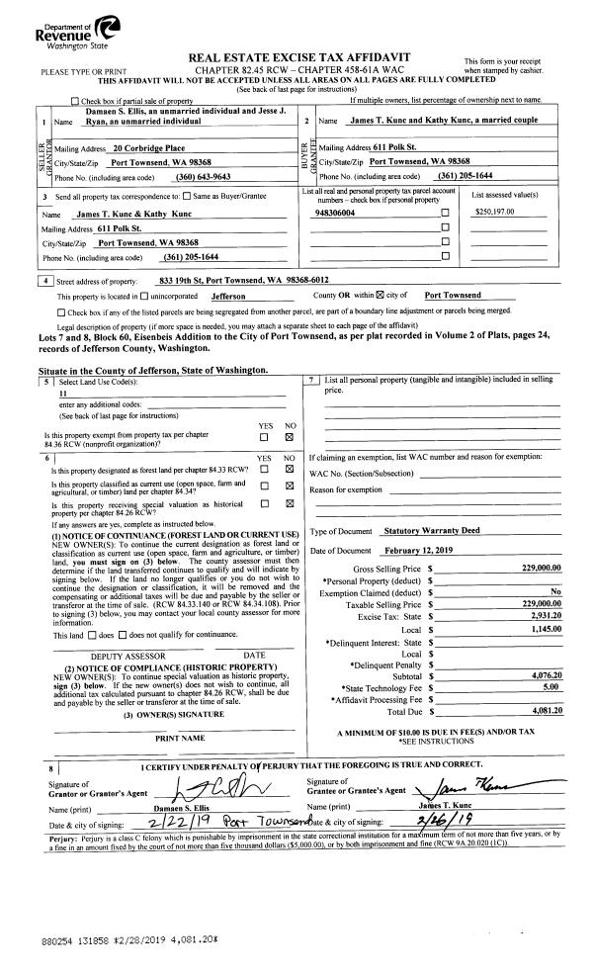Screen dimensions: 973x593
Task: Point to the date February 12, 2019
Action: [x=417, y=550]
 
